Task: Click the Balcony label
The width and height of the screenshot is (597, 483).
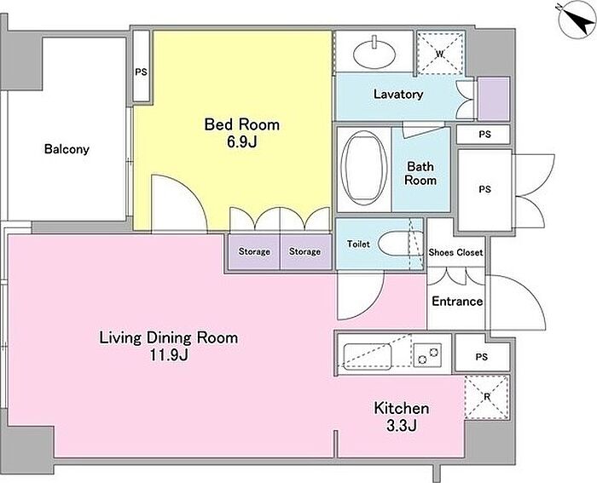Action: [x=67, y=149]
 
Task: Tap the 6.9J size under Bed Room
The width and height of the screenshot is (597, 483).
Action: [x=241, y=141]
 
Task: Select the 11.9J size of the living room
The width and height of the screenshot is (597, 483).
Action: [x=169, y=355]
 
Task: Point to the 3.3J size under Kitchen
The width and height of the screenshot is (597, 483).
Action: [x=402, y=425]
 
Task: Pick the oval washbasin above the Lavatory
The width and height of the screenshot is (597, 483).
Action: [x=374, y=55]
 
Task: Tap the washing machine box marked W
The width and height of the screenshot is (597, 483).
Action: [x=441, y=53]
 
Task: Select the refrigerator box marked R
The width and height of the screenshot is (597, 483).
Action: [x=487, y=397]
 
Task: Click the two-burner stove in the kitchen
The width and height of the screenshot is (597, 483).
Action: [x=427, y=355]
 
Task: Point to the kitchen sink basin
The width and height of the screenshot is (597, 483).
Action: [x=368, y=356]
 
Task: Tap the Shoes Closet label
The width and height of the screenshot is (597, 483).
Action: [x=455, y=252]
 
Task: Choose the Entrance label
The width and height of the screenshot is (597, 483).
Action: [x=457, y=302]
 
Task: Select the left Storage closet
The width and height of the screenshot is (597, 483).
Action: [x=254, y=252]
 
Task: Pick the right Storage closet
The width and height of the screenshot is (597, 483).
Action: [x=304, y=252]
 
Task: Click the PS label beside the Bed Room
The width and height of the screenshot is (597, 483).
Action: [x=142, y=72]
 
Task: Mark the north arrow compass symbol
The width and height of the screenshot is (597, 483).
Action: [x=577, y=21]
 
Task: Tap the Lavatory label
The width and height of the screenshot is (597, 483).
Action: [x=398, y=94]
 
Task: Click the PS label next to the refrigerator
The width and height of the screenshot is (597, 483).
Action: [x=482, y=357]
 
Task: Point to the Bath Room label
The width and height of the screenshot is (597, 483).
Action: [x=420, y=173]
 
